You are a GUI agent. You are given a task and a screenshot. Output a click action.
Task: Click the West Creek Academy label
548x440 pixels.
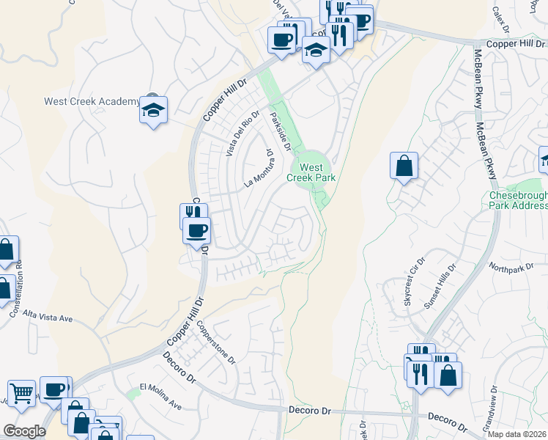tap(92, 101)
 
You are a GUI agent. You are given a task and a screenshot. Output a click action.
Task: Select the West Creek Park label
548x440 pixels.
tap(316, 172)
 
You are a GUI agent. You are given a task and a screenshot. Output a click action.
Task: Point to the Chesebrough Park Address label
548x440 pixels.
tap(518, 201)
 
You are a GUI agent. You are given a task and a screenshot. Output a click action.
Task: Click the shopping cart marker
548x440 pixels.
tap(22, 393)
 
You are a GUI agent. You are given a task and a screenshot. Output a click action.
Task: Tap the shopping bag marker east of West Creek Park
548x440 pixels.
tap(404, 166)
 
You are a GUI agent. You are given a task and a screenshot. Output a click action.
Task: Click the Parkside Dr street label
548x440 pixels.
tap(280, 131)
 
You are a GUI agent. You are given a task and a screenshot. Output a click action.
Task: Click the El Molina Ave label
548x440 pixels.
tap(160, 395)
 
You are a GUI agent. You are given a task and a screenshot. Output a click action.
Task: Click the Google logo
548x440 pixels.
tap(24, 431)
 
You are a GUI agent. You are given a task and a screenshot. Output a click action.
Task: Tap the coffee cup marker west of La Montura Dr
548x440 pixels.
tap(196, 231)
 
